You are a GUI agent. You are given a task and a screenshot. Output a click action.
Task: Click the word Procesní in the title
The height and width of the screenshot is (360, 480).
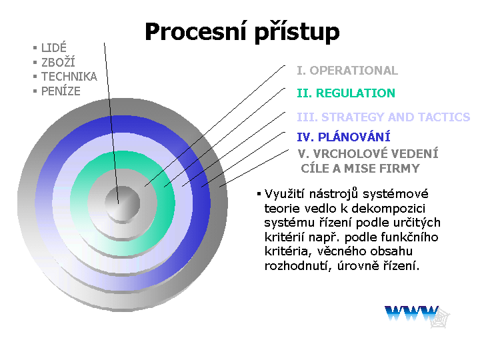click(x=195, y=31)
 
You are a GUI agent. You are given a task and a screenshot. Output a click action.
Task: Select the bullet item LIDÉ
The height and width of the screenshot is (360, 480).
click(x=54, y=48)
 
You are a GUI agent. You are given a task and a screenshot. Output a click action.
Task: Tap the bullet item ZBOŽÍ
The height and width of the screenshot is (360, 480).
click(x=58, y=62)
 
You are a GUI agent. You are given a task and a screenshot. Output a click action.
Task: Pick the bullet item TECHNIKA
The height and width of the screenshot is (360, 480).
click(x=69, y=77)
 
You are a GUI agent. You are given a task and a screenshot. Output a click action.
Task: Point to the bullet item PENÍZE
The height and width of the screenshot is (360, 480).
click(x=61, y=91)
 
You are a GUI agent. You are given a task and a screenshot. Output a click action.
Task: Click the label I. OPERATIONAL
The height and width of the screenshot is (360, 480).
click(x=347, y=71)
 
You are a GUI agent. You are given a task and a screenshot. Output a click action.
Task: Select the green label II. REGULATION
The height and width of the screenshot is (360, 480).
click(x=346, y=93)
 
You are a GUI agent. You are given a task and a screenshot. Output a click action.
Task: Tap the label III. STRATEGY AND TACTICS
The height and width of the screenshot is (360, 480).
click(x=383, y=117)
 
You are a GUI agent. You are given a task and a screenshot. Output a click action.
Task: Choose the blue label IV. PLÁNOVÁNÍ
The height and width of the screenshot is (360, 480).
click(x=343, y=137)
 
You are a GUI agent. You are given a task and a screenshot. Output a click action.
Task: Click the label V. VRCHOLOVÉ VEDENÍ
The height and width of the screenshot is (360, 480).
click(x=368, y=154)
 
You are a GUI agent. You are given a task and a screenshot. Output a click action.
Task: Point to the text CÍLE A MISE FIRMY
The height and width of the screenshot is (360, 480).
click(x=360, y=169)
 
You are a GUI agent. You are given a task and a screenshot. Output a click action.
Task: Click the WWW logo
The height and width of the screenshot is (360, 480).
click(x=412, y=313)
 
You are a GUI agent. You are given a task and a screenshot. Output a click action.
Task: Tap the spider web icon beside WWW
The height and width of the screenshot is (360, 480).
click(x=440, y=318)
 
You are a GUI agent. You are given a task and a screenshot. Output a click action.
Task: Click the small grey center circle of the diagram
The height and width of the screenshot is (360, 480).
click(x=123, y=203)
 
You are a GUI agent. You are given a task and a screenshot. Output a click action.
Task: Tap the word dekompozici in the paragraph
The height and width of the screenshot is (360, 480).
click(x=388, y=209)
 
